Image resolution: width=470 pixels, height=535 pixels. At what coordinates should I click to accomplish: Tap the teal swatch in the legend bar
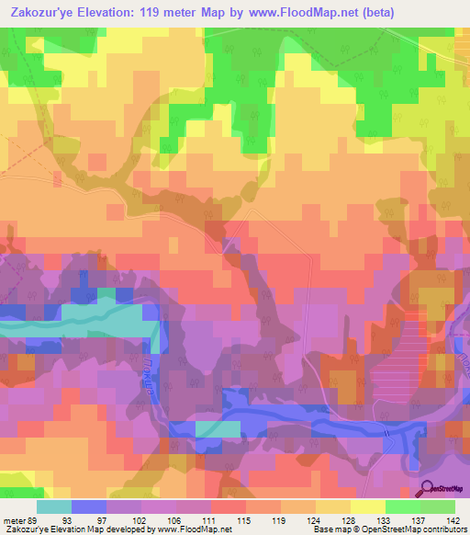tap(53, 507)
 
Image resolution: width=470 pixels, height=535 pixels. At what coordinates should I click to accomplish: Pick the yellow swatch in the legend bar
tap(367, 507)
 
